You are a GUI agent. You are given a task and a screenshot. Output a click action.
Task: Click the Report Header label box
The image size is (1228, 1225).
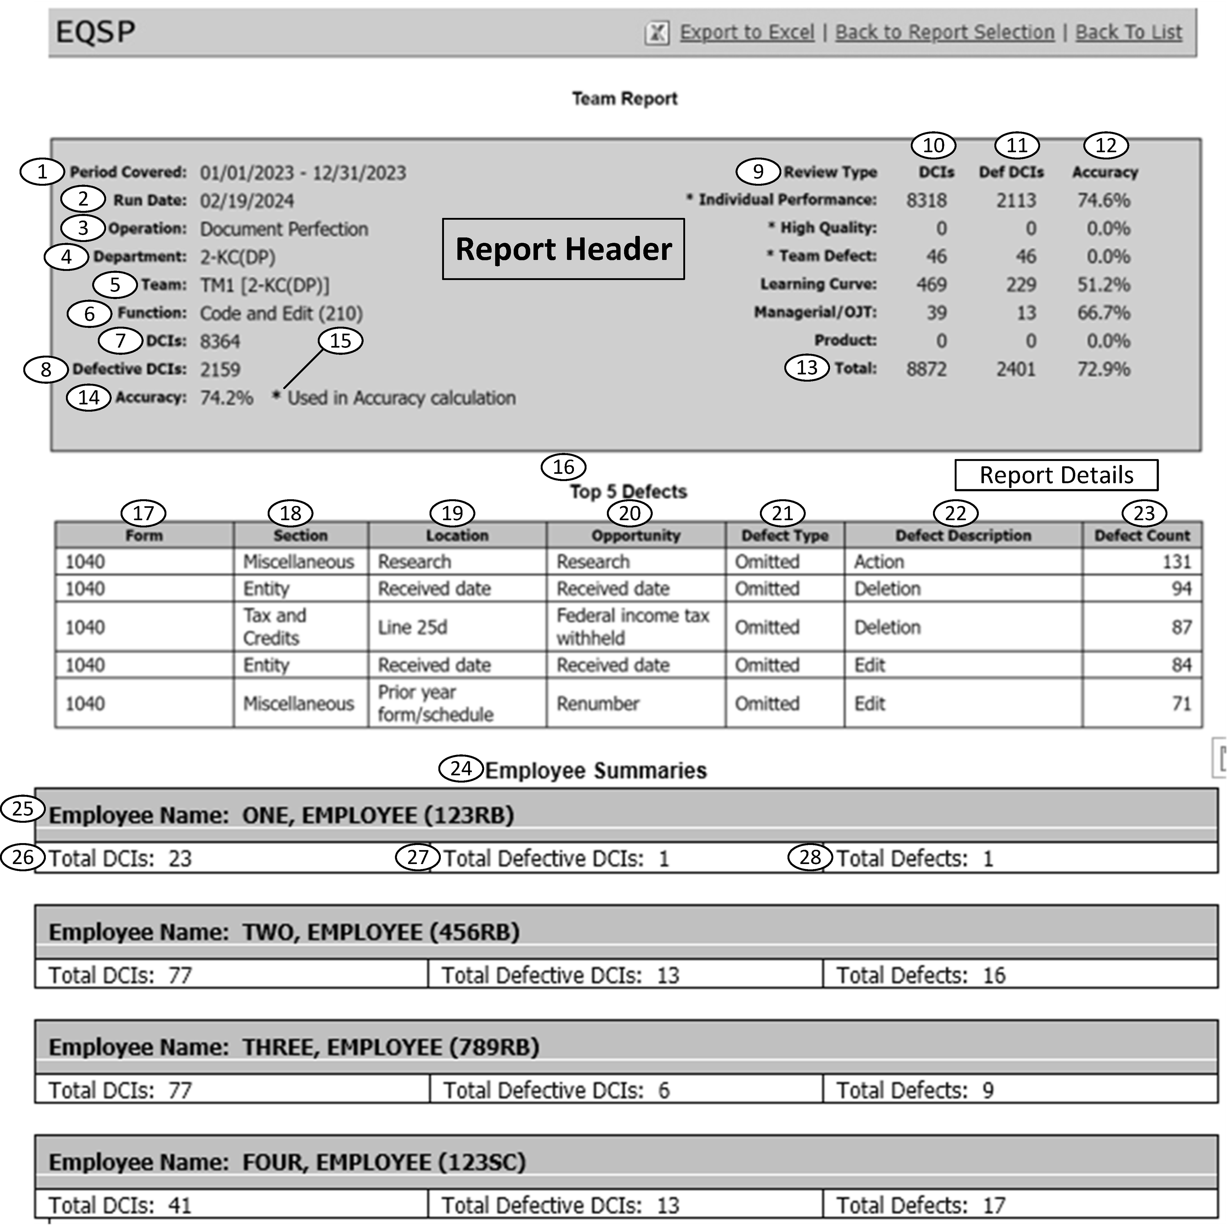pos(563,249)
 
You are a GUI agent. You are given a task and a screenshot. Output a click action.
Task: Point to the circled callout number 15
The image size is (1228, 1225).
pos(340,341)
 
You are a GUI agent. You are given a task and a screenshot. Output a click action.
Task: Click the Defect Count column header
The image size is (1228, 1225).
pos(1142,535)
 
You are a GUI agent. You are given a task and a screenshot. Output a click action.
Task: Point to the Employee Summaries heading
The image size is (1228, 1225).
pos(596,770)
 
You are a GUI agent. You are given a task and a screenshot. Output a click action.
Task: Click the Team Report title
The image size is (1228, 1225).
pos(624,99)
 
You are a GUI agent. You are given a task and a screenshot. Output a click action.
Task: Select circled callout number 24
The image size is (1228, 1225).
pos(461,769)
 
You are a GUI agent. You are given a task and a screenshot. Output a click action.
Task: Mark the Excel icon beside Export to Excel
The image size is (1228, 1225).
pos(657,32)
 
